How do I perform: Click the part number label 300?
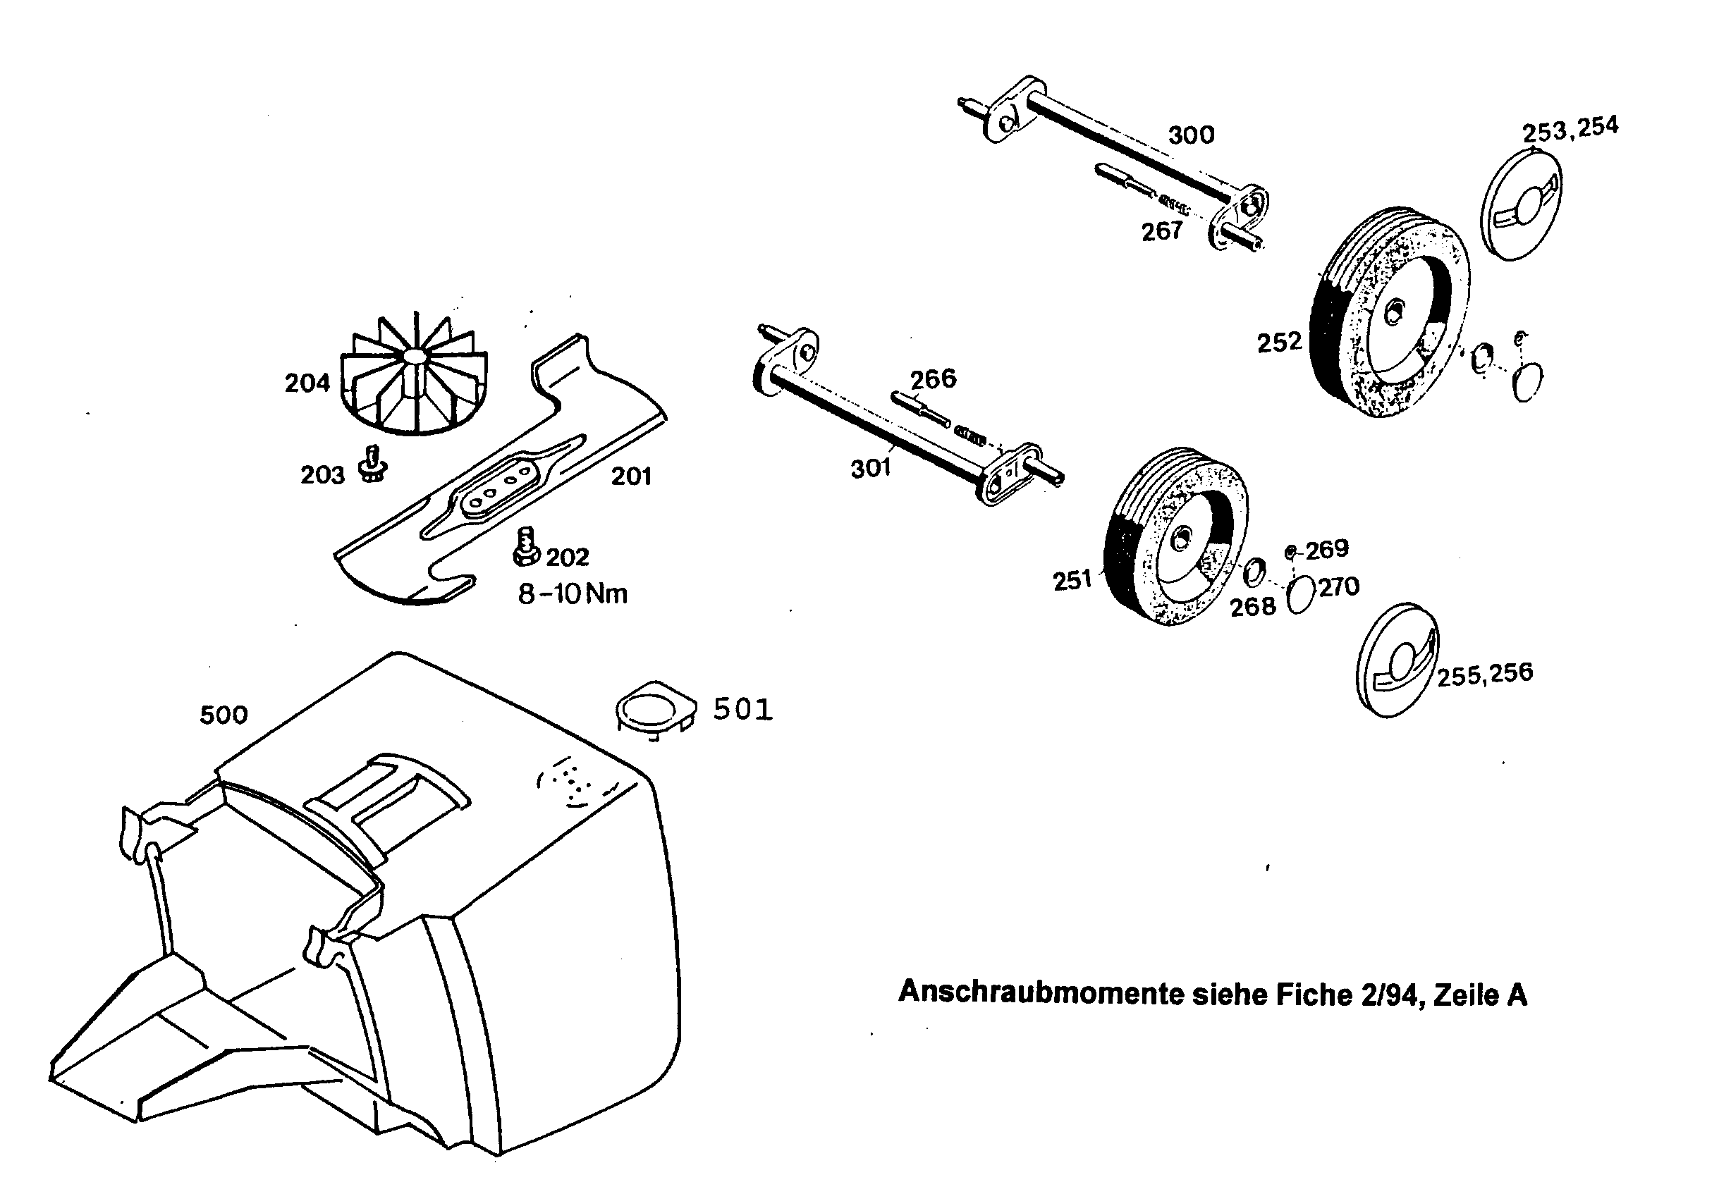(x=1192, y=135)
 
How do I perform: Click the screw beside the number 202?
(x=525, y=546)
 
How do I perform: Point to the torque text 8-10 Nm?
(x=573, y=594)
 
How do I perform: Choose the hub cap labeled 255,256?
(x=1397, y=661)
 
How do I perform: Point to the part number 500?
(x=224, y=715)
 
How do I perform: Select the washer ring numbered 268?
(x=1253, y=572)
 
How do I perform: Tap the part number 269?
(x=1327, y=550)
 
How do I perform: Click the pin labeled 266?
(x=920, y=409)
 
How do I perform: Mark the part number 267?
(x=1161, y=232)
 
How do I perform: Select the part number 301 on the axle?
(x=871, y=468)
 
